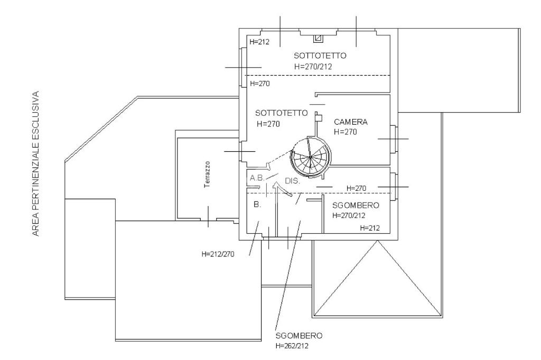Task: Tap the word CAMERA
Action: (x=350, y=122)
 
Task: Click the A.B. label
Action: (x=257, y=178)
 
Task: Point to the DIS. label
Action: (x=293, y=180)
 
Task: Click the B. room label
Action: (x=257, y=204)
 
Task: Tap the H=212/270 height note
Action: (x=218, y=254)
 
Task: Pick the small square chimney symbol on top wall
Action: (x=318, y=38)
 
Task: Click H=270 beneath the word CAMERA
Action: (x=346, y=132)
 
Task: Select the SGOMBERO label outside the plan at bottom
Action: (x=299, y=336)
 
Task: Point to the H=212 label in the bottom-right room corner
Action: (x=370, y=228)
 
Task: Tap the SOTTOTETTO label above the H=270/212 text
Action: (x=320, y=56)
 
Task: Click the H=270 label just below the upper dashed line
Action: (x=260, y=84)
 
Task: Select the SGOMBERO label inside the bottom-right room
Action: (x=355, y=206)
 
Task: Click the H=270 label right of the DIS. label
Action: (x=356, y=188)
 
